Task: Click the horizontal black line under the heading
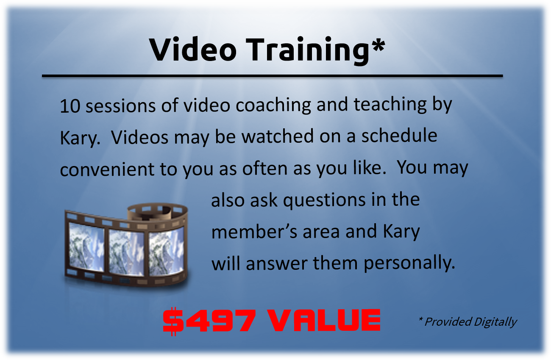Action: [272, 76]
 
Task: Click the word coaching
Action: [273, 105]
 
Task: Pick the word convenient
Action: [107, 169]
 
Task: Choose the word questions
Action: [324, 200]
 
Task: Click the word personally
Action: [409, 263]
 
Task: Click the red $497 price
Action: [209, 321]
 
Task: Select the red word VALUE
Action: [324, 320]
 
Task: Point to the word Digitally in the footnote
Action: [495, 322]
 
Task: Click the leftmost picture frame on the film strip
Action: [86, 246]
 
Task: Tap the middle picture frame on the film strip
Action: [126, 252]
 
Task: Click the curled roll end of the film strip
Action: [157, 212]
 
